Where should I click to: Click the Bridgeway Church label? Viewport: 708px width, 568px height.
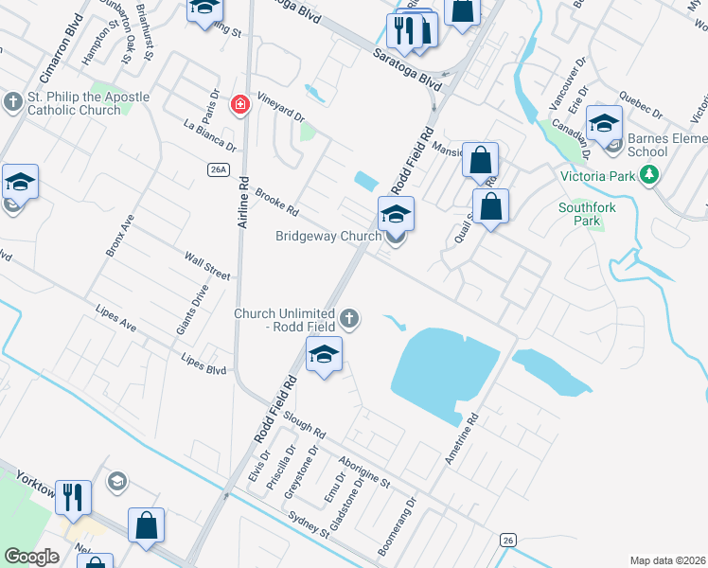point(328,236)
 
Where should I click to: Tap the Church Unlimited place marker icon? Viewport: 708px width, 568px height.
point(350,319)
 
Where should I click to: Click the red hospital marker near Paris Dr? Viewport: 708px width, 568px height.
point(240,104)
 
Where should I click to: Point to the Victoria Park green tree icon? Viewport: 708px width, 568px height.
point(649,174)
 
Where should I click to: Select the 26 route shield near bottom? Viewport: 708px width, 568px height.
point(508,540)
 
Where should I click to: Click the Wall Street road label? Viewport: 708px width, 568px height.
point(207,266)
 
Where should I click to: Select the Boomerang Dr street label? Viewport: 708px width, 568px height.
point(397,526)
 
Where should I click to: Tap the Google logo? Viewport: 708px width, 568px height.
point(31,556)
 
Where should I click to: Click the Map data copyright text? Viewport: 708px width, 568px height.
point(668,559)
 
